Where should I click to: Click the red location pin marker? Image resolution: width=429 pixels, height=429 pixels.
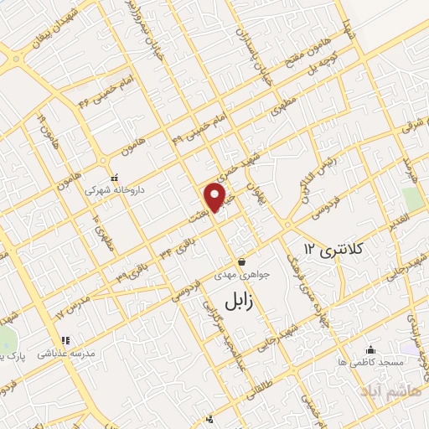pos(216,197)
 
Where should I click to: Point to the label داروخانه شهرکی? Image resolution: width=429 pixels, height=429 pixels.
pos(115,190)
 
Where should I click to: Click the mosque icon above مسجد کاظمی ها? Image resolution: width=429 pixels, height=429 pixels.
pos(370,349)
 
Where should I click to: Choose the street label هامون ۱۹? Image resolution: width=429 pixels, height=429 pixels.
pos(39,128)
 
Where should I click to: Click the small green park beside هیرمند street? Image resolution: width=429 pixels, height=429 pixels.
pos(411,199)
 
